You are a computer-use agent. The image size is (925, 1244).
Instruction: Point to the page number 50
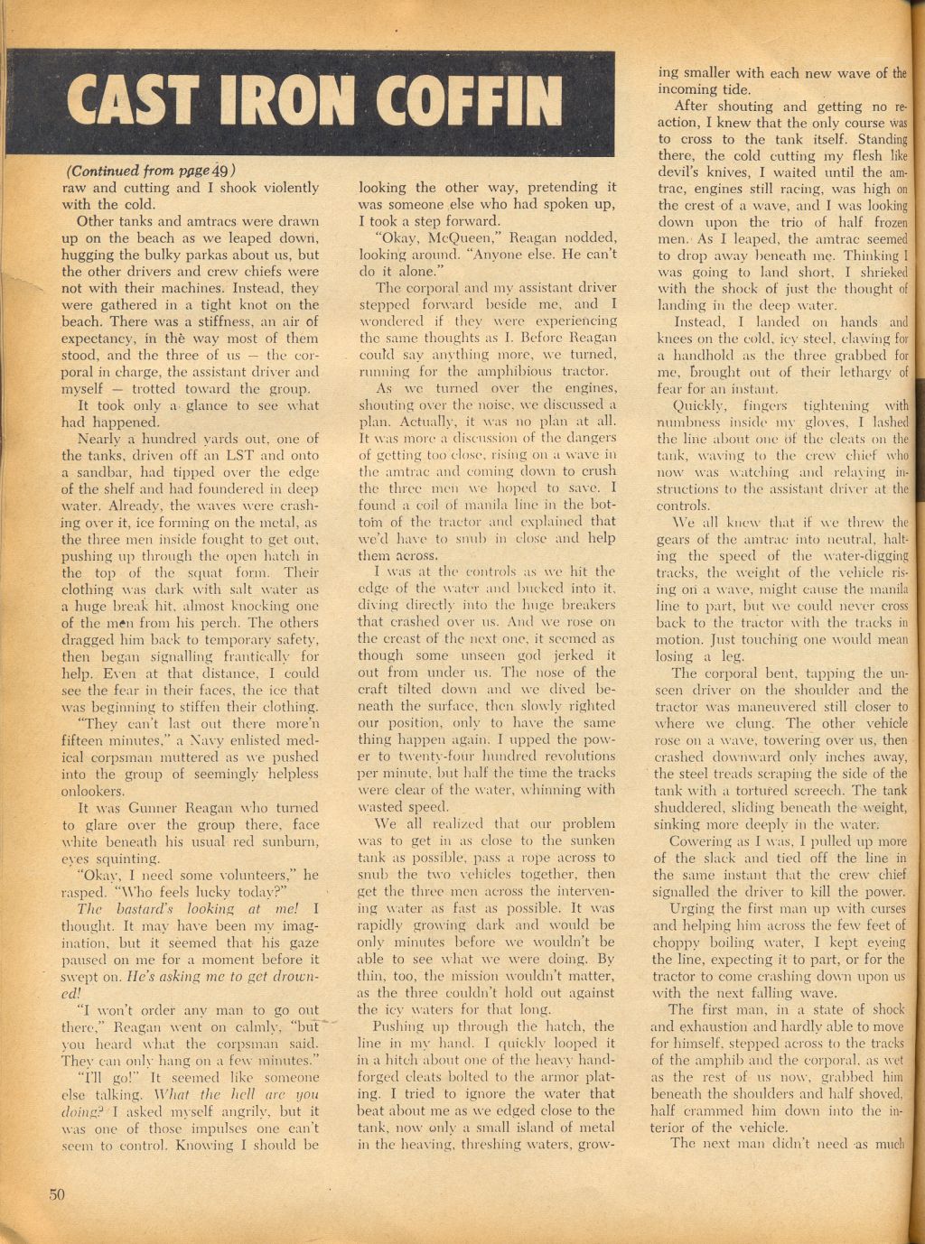pos(58,1194)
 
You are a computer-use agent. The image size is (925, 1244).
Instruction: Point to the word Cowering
pos(689,841)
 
